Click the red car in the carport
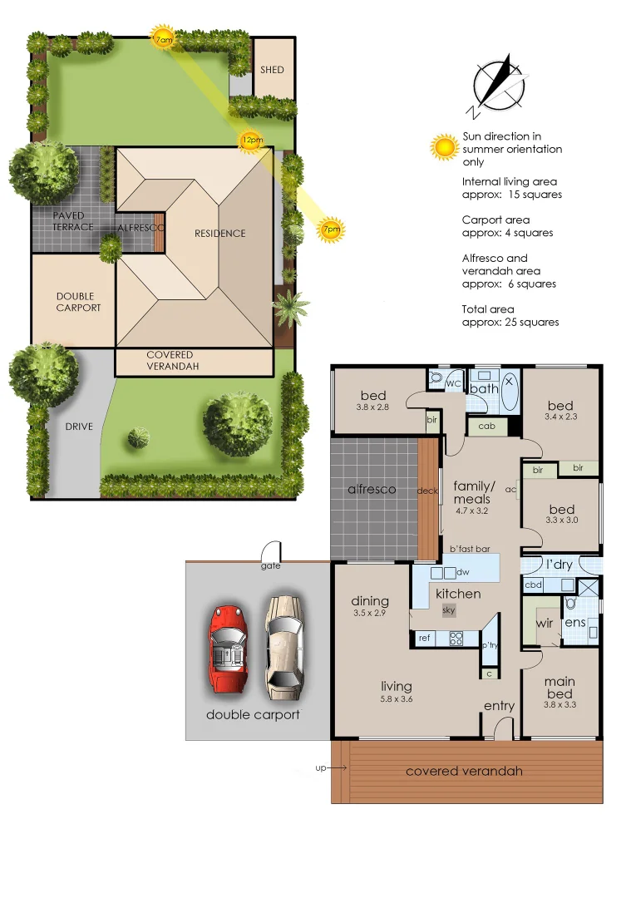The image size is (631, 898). pyautogui.click(x=228, y=648)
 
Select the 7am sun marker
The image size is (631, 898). pyautogui.click(x=162, y=37)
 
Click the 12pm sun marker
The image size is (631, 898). pyautogui.click(x=249, y=141)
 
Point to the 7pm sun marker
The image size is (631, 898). pyautogui.click(x=331, y=229)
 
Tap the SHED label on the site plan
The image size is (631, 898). pyautogui.click(x=272, y=70)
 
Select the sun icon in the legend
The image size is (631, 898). pyautogui.click(x=445, y=148)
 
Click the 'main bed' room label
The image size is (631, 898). pyautogui.click(x=560, y=688)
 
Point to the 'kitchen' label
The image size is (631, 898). pyautogui.click(x=458, y=594)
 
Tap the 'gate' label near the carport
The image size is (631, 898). pyautogui.click(x=270, y=566)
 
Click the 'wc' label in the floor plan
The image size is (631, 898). pyautogui.click(x=453, y=383)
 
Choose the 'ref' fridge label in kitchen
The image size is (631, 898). pyautogui.click(x=424, y=638)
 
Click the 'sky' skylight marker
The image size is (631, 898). pyautogui.click(x=449, y=610)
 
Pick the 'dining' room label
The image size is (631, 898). pyautogui.click(x=370, y=601)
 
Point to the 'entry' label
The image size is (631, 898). pyautogui.click(x=500, y=706)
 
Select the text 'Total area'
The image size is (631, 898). pyautogui.click(x=488, y=309)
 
